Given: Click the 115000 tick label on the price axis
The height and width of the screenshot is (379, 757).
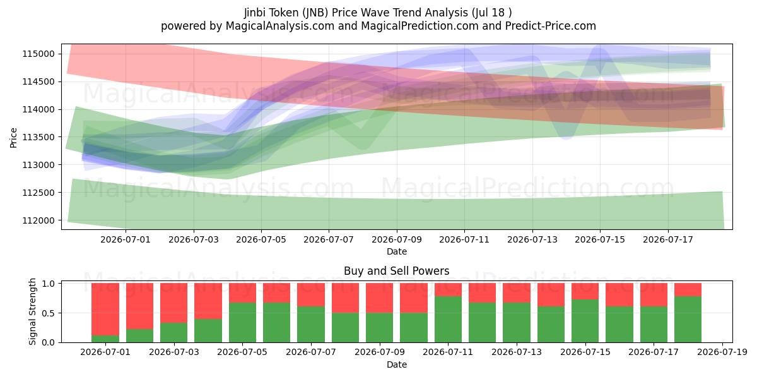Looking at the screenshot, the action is click(38, 54).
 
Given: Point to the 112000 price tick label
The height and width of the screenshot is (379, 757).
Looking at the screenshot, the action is click(38, 220).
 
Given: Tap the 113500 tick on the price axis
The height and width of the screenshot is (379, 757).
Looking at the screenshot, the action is click(38, 138).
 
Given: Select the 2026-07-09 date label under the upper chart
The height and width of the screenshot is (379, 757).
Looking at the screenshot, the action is click(397, 239).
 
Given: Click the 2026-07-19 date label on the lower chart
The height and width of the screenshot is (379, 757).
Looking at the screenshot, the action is click(722, 352).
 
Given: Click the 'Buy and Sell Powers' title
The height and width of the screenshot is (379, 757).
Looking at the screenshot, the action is click(396, 271).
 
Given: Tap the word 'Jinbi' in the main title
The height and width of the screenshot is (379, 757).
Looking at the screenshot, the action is click(255, 13).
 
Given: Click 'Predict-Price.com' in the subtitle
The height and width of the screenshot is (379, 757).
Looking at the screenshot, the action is click(551, 26).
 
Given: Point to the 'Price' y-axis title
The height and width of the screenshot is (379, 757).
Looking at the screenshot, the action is click(13, 138).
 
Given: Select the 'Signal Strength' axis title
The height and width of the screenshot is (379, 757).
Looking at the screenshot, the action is click(32, 311).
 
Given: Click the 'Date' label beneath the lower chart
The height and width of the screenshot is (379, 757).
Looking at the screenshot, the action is click(397, 365).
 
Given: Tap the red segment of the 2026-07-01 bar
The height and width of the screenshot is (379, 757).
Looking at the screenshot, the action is click(105, 309).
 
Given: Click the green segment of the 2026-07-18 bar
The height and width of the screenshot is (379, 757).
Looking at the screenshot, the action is click(688, 320).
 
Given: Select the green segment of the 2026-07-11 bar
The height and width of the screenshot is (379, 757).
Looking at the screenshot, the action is click(448, 320).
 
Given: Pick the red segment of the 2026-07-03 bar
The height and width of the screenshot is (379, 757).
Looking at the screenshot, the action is click(173, 303).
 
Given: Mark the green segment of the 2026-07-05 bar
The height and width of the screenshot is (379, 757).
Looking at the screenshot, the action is click(242, 323).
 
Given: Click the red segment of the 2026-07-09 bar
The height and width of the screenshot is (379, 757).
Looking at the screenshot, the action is click(380, 298).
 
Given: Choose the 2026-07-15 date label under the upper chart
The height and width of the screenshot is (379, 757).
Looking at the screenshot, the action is click(600, 239).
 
